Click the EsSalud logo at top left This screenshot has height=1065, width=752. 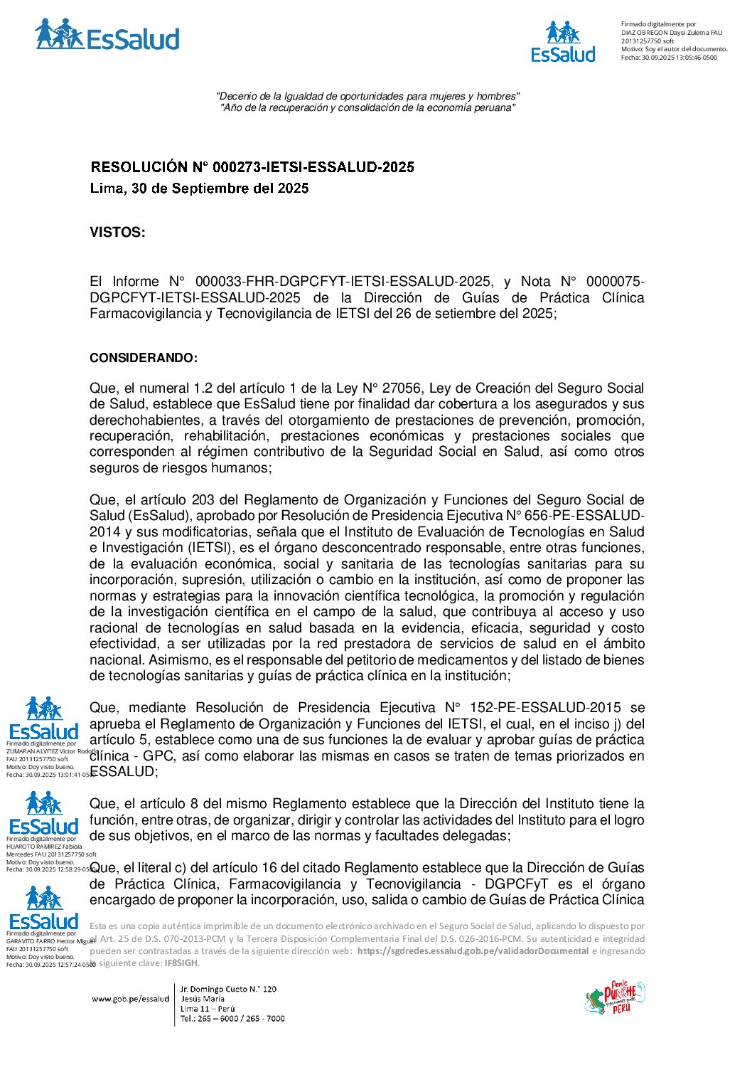(107, 36)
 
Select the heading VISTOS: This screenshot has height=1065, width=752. (117, 233)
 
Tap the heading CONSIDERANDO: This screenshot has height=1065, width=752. (144, 358)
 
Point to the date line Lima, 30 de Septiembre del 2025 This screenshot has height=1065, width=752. (199, 189)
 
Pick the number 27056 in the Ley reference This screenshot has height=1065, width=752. (402, 388)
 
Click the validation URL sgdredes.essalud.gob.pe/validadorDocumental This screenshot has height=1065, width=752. (473, 951)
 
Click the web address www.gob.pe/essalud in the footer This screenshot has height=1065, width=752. (130, 999)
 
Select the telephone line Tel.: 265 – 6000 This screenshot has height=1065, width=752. (232, 1018)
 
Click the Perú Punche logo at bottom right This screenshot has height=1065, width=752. (614, 997)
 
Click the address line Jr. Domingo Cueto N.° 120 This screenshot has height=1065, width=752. (228, 989)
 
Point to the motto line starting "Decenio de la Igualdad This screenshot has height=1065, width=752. (367, 96)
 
